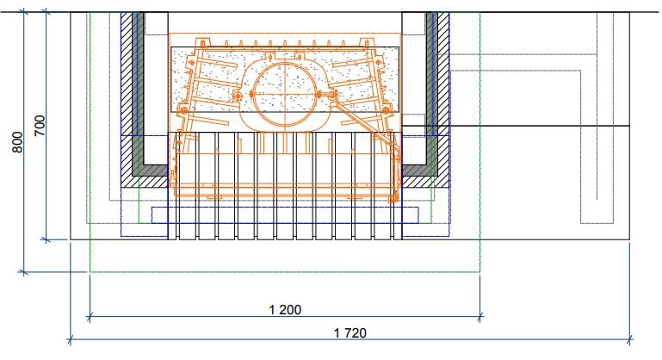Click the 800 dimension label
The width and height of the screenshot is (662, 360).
[17, 142]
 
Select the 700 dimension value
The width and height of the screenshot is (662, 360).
[40, 125]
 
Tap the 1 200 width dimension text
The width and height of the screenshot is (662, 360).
[285, 310]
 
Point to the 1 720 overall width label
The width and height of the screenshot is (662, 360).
[350, 333]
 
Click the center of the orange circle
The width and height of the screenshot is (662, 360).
[285, 94]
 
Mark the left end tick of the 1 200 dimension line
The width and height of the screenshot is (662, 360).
[89, 316]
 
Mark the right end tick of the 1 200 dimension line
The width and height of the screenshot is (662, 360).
[480, 316]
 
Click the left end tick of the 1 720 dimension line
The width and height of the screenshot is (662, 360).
[70, 339]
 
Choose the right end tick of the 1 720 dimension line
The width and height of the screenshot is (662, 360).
[629, 339]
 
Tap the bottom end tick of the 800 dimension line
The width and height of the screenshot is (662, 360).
[23, 272]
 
